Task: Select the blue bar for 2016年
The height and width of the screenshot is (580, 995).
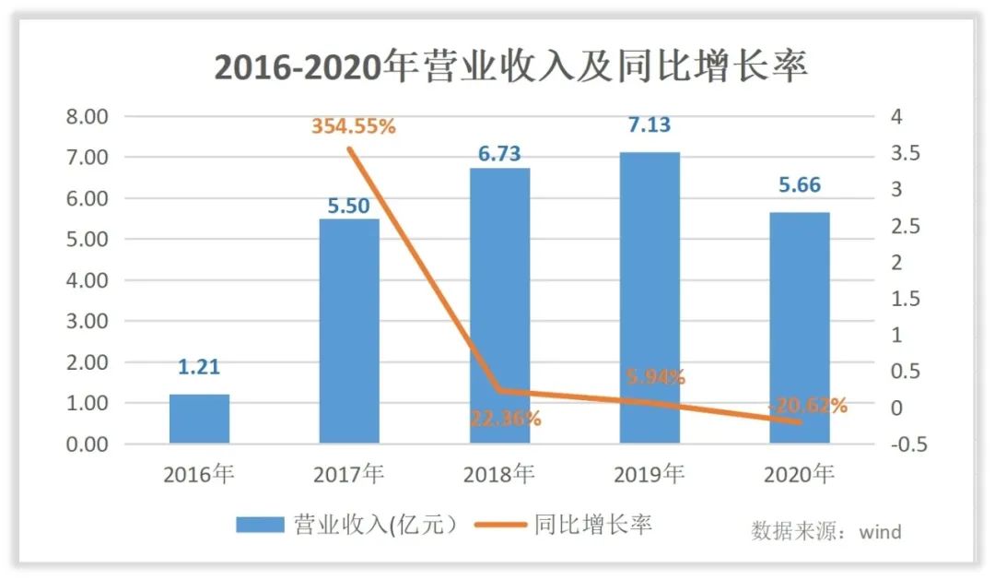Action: click(199, 419)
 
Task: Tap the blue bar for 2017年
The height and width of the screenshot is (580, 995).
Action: click(349, 331)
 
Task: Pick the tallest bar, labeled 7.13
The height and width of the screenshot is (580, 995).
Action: click(649, 297)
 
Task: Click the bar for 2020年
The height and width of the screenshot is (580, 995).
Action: click(799, 327)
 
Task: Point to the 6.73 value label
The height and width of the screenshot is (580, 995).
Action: click(499, 153)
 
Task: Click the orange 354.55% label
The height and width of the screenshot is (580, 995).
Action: click(353, 126)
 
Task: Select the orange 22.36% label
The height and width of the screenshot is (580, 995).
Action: click(505, 418)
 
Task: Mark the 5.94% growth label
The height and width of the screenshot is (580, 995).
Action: click(655, 376)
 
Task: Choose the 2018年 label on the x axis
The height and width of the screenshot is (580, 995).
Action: click(499, 475)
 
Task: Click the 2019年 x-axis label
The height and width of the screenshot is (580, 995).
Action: click(649, 475)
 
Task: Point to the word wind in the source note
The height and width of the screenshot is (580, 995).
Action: click(880, 532)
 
